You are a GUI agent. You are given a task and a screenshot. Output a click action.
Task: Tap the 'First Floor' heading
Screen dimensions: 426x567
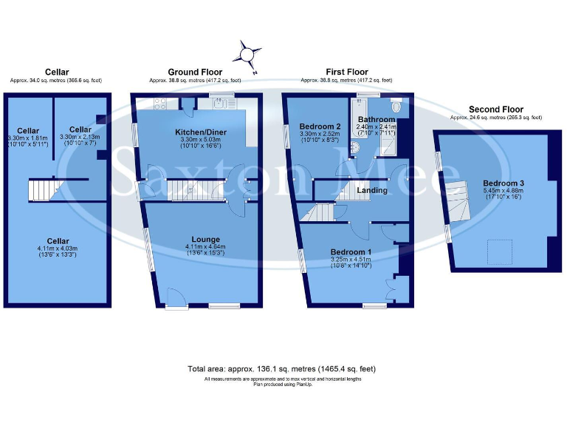tap(346, 72)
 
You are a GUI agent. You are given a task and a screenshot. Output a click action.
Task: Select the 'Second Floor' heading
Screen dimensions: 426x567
tap(495, 109)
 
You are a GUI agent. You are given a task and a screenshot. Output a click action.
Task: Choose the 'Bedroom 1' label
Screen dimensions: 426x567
tap(351, 252)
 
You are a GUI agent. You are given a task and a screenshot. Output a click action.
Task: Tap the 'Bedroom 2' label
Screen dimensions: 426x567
tap(319, 127)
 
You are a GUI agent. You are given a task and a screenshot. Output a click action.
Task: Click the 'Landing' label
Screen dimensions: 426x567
tap(372, 191)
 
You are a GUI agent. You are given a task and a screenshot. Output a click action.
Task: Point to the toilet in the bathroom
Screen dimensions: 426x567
tap(397, 107)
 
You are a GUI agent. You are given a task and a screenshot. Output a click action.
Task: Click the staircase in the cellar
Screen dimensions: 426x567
tap(41, 191)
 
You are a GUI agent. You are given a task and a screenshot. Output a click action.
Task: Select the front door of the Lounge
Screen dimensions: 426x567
tap(176, 298)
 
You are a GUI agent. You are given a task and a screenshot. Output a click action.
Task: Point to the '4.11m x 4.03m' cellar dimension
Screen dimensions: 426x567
tap(58, 248)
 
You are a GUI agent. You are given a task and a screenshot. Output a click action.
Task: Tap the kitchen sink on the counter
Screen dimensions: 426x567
tap(221, 104)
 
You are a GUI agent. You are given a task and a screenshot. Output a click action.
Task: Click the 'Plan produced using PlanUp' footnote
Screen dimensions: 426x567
tap(283, 385)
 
